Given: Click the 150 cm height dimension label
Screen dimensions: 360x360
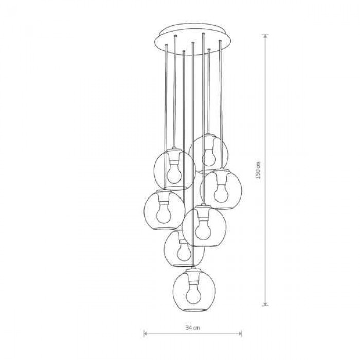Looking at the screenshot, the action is [258, 170].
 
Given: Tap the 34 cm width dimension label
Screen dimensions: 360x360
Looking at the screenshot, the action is [192, 328].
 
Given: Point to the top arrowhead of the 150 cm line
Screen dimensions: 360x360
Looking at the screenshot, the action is [265, 37].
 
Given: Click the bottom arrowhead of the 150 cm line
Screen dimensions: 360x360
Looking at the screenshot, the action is [265, 304].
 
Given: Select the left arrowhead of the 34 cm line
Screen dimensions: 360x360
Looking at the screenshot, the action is [146, 333].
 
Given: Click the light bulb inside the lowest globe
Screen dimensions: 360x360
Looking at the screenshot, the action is [193, 295].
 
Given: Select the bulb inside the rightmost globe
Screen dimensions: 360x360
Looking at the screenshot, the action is [221, 193].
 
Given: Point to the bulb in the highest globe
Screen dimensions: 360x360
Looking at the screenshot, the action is [209, 157].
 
